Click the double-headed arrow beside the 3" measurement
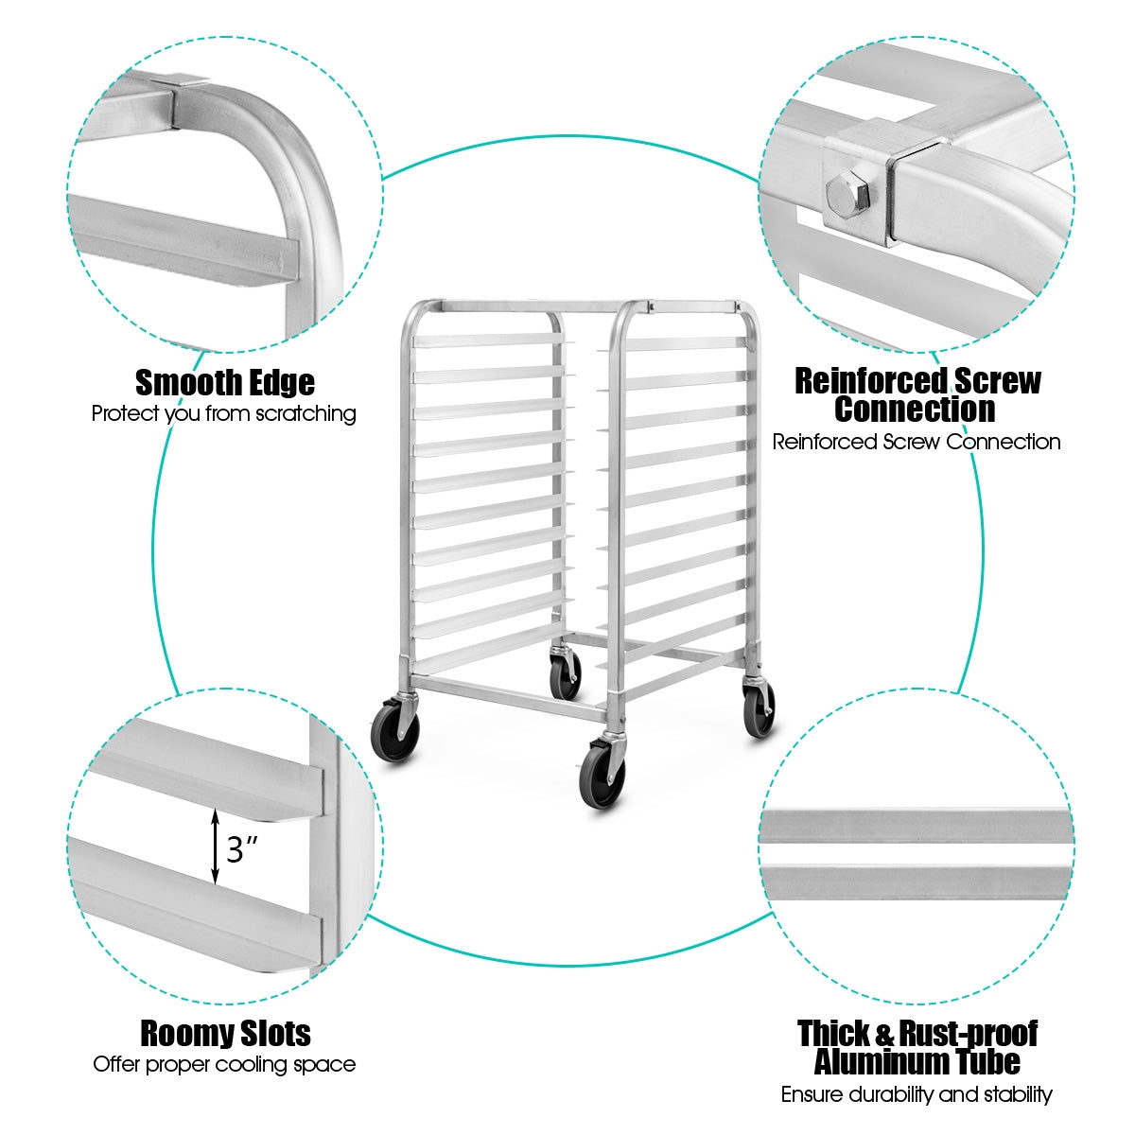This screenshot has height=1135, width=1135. tap(215, 847)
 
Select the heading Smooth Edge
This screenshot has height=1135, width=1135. tap(224, 383)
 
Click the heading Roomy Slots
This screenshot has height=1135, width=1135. tap(225, 1033)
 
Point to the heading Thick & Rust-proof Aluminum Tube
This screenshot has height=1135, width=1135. tap(917, 1047)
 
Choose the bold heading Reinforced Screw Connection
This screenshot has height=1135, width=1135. tap(917, 394)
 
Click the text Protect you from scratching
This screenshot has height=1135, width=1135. tap(224, 413)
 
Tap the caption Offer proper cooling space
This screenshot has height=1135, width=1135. tap(224, 1064)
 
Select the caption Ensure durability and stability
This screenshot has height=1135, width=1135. tap(917, 1094)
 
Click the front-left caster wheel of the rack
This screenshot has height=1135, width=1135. tap(393, 731)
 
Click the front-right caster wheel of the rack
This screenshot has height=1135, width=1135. tap(602, 775)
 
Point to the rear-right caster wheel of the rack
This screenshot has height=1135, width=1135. tap(759, 707)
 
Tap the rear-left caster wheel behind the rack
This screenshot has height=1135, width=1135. tap(566, 673)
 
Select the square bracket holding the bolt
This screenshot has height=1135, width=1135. tap(857, 185)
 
